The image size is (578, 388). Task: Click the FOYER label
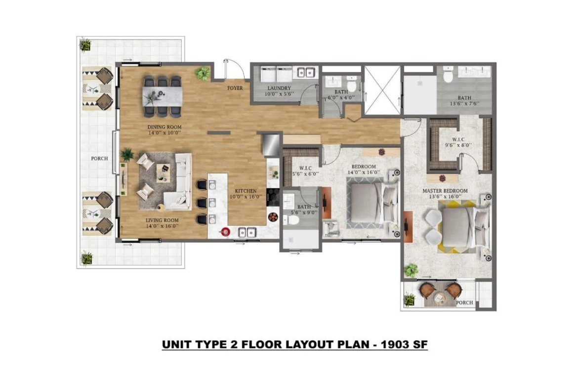click(235, 88)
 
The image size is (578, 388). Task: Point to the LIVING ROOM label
click(162, 220)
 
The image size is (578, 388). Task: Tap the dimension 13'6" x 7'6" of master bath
click(464, 104)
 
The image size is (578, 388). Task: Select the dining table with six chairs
click(163, 95)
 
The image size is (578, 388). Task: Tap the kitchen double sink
click(245, 231)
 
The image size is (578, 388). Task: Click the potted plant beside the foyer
click(202, 74)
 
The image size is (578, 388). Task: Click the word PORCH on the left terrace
click(99, 159)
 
